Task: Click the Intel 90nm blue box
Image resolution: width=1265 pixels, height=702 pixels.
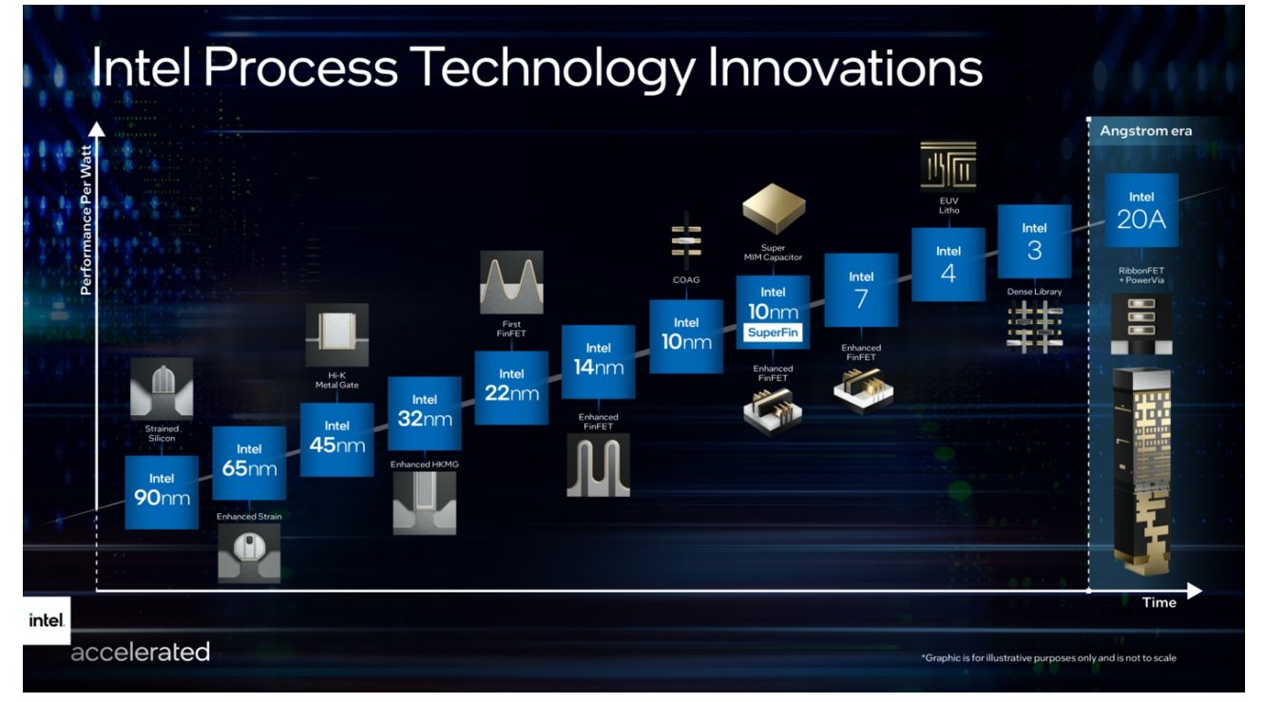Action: (162, 491)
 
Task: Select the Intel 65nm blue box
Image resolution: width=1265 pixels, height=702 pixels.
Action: (249, 462)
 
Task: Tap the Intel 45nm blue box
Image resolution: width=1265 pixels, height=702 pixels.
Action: (336, 439)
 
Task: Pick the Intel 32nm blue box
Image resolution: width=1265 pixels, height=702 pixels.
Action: (424, 413)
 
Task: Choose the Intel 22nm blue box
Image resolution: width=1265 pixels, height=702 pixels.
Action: (511, 387)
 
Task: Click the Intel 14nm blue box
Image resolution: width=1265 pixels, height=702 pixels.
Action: (598, 361)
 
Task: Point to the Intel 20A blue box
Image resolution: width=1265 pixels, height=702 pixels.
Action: (1140, 209)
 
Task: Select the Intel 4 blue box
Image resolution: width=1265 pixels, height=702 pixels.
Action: (948, 264)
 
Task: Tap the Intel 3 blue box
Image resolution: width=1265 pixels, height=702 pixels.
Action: (1034, 241)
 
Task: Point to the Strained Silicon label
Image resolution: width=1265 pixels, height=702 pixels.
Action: (162, 433)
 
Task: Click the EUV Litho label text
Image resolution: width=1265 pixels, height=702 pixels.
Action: (949, 205)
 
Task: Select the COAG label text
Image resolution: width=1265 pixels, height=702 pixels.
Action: (685, 279)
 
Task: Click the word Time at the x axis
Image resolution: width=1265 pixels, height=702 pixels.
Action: (1159, 602)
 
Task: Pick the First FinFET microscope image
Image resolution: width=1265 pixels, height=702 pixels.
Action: (511, 282)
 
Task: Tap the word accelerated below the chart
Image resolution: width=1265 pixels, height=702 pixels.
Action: (140, 652)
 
